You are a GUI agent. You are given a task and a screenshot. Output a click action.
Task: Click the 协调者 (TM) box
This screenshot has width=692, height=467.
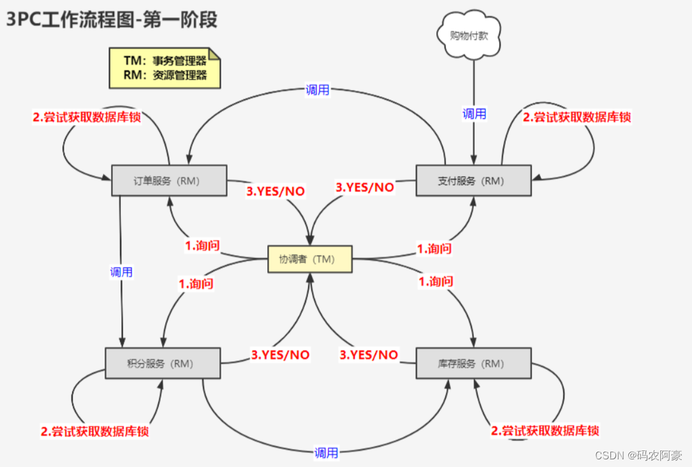pyautogui.click(x=310, y=260)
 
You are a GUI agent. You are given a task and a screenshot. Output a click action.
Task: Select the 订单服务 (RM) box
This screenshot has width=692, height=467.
pyautogui.click(x=169, y=181)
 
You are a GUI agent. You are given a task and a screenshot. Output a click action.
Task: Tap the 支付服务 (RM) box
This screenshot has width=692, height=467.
pyautogui.click(x=473, y=181)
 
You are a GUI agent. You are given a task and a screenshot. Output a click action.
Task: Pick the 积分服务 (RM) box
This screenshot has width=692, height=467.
pyautogui.click(x=163, y=364)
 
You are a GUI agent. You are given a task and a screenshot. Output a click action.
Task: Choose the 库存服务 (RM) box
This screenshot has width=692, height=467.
pyautogui.click(x=473, y=364)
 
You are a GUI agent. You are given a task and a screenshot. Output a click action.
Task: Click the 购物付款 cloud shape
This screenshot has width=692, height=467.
pyautogui.click(x=469, y=36)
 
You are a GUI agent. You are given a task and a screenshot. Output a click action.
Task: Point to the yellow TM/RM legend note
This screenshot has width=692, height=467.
pyautogui.click(x=165, y=68)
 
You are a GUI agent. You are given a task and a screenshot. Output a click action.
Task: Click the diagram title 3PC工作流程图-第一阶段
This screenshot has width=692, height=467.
pyautogui.click(x=112, y=20)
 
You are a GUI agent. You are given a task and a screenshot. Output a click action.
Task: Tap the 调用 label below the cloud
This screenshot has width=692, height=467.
pyautogui.click(x=474, y=114)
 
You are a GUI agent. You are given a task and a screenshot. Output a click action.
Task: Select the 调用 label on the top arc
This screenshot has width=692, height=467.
pyautogui.click(x=318, y=90)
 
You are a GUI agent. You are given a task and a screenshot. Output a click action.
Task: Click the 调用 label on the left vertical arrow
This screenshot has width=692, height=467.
pyautogui.click(x=121, y=272)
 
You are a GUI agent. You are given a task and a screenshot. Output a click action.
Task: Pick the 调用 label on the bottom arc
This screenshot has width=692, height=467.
pyautogui.click(x=326, y=453)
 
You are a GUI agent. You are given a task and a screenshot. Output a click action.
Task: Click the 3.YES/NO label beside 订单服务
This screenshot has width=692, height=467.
pyautogui.click(x=276, y=191)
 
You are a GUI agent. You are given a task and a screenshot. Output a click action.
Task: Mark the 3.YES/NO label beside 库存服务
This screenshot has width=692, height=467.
pyautogui.click(x=369, y=355)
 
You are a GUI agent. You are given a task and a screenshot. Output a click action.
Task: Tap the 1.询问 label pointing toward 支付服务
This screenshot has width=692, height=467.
pyautogui.click(x=434, y=249)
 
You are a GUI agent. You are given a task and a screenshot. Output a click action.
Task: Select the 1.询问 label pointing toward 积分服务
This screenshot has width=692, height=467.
pyautogui.click(x=196, y=284)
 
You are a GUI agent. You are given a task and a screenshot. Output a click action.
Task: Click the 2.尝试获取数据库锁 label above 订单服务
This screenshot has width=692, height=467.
pyautogui.click(x=87, y=117)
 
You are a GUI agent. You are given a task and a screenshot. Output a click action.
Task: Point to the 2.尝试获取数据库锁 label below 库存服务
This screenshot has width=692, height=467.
pyautogui.click(x=545, y=431)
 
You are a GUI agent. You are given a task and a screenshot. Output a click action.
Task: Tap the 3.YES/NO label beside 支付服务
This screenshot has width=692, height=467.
pyautogui.click(x=365, y=187)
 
